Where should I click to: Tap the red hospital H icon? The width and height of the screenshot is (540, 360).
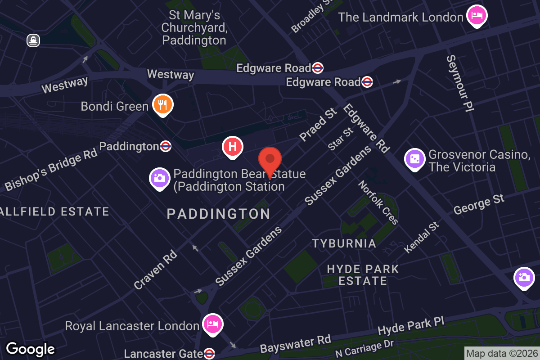pos(233,147)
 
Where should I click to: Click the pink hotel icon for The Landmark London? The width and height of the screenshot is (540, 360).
pos(477,16)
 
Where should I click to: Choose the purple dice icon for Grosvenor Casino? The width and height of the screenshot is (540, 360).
pos(415,159)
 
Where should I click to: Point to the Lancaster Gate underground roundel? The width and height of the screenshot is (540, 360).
pos(209,354)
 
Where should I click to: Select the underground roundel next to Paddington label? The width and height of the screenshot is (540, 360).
pos(166,146)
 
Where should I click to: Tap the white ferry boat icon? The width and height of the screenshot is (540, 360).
pos(33,40)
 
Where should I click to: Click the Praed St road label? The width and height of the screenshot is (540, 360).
pos(318,124)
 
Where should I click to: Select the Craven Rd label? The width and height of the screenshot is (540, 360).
pos(155,270)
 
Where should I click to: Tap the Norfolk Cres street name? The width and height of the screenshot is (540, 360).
pos(378,202)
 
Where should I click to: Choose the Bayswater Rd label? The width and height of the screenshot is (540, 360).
pos(295,344)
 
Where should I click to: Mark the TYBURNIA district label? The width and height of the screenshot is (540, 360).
pos(344,243)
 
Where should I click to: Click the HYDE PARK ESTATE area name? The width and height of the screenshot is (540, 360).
pos(363,275)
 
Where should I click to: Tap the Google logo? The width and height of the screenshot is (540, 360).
pos(30,349)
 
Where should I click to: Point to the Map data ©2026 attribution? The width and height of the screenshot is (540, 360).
pos(502,353)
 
